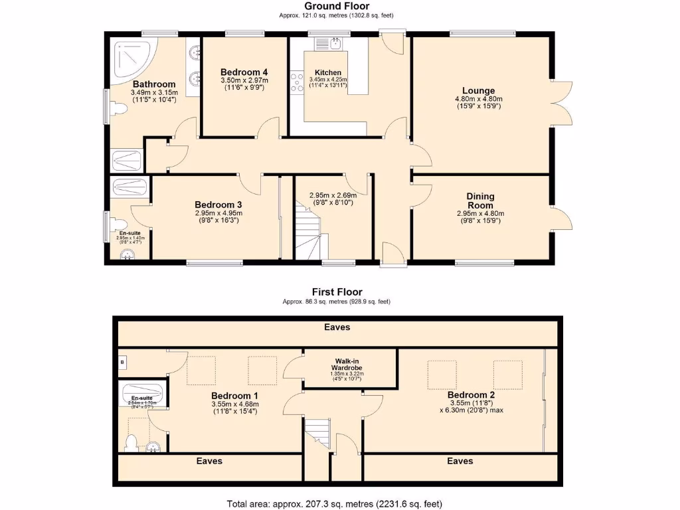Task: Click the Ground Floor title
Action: point(337,6)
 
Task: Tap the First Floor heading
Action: point(337,292)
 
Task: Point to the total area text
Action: point(335,503)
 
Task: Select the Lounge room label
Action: point(479,91)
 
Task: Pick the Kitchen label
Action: point(328,72)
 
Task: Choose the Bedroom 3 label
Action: point(218,205)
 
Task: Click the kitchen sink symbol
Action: point(329,44)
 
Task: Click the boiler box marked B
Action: point(123,363)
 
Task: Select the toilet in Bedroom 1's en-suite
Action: point(131,443)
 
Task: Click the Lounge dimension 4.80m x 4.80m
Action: point(479,99)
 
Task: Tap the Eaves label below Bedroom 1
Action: point(209,461)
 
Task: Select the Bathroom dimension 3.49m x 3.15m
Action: point(154,92)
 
